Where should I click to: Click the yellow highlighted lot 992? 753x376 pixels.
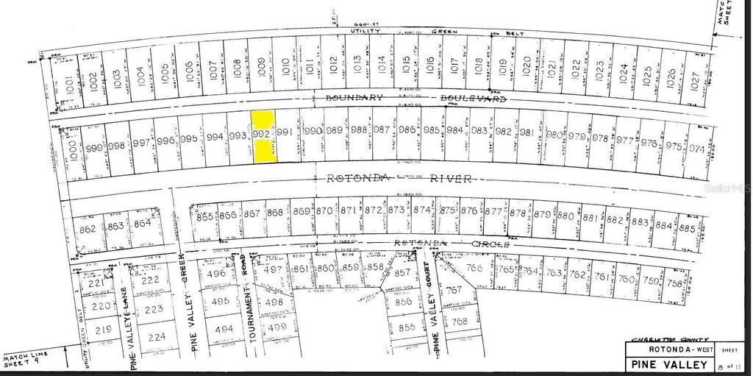pos(263,137)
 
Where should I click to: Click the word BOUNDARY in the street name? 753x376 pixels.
pos(355,97)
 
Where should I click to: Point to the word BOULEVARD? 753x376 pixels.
pos(475,98)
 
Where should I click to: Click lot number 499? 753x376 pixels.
pos(276,327)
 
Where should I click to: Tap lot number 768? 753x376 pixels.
pos(460,322)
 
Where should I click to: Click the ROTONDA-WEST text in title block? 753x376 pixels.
pos(666,349)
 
